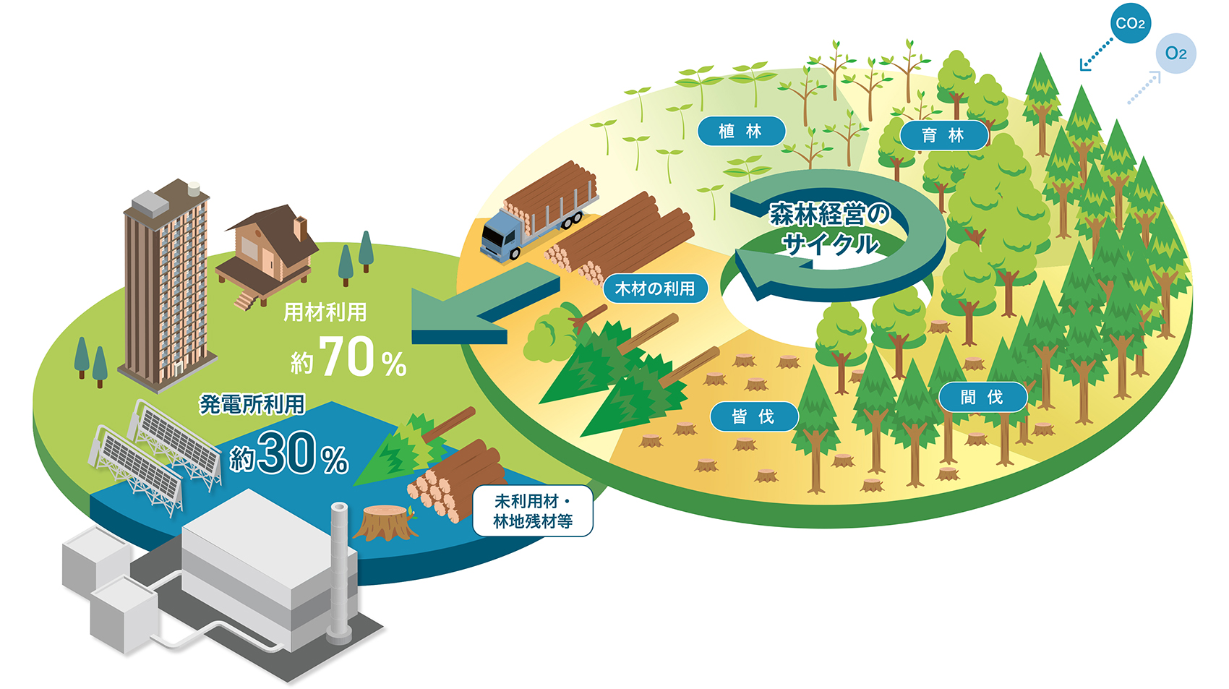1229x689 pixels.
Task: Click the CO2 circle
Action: [1130, 23]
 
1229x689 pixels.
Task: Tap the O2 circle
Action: [1176, 54]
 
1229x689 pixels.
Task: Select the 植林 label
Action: [741, 131]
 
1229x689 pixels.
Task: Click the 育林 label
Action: [943, 135]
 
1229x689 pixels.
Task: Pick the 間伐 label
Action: [982, 397]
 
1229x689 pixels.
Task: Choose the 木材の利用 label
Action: [655, 288]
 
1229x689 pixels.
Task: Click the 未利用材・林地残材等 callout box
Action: [533, 510]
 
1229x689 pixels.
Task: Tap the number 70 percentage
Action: [348, 356]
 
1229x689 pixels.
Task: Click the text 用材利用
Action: [325, 312]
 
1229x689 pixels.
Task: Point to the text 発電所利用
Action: [252, 405]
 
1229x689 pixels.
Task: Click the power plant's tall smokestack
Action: [339, 573]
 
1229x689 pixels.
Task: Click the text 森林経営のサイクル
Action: [830, 228]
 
